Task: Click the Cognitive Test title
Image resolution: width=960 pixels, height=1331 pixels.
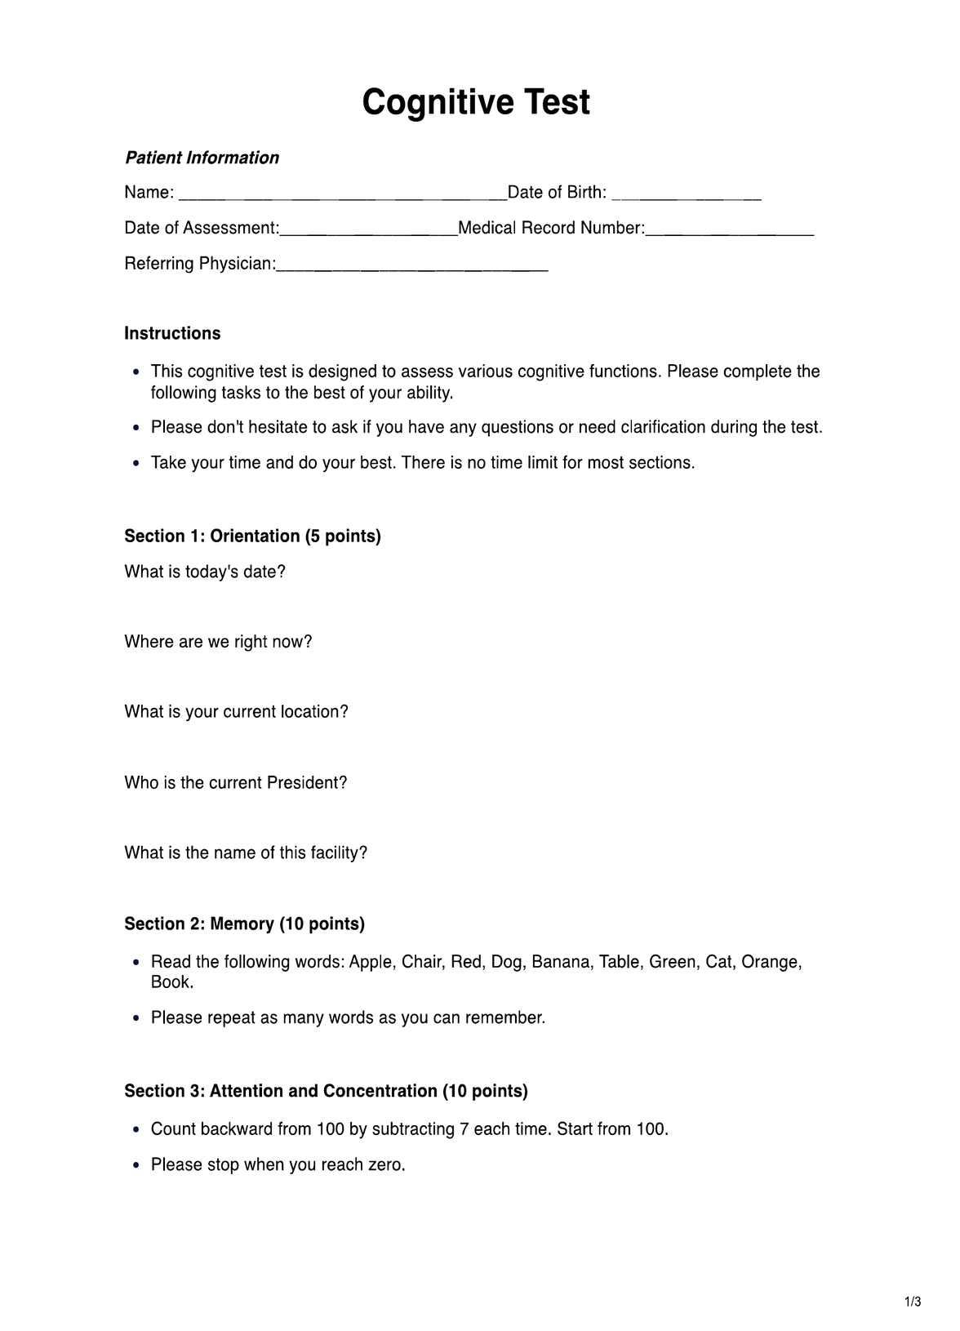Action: [476, 103]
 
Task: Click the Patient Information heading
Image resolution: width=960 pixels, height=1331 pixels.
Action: [202, 158]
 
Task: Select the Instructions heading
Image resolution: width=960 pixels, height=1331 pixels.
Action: [172, 333]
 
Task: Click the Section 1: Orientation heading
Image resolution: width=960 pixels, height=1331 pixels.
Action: [252, 536]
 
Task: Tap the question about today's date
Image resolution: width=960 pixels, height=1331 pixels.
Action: [205, 572]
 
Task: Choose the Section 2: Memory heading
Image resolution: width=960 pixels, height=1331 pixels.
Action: [244, 924]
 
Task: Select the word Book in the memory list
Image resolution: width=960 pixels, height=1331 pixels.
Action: [171, 982]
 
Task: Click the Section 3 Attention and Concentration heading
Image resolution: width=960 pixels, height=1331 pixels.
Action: [326, 1091]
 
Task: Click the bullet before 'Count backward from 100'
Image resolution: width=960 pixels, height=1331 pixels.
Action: [136, 1130]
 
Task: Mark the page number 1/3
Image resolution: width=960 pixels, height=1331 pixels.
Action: [913, 1302]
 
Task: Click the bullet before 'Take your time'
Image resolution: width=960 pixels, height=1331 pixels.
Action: [136, 464]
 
